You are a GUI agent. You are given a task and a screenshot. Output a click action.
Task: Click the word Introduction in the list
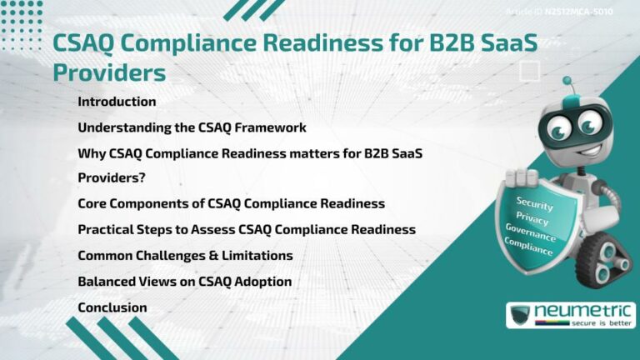(117, 102)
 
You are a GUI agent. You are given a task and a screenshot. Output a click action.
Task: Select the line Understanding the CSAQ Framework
(192, 128)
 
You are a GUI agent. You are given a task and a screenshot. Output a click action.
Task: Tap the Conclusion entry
(112, 307)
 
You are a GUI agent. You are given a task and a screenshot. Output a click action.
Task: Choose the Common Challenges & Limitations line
(185, 255)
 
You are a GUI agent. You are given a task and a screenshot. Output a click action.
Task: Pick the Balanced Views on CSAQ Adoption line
(184, 282)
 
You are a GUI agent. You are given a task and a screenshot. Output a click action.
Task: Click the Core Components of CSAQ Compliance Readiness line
(231, 203)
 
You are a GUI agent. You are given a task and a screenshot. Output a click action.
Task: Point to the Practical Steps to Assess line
(246, 229)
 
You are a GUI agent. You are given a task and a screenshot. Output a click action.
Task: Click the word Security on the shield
(534, 202)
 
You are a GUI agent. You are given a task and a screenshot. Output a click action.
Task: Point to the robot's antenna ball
(567, 82)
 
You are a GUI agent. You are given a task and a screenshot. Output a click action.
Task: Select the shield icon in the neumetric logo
(521, 315)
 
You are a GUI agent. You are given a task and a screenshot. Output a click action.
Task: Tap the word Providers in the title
(109, 72)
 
